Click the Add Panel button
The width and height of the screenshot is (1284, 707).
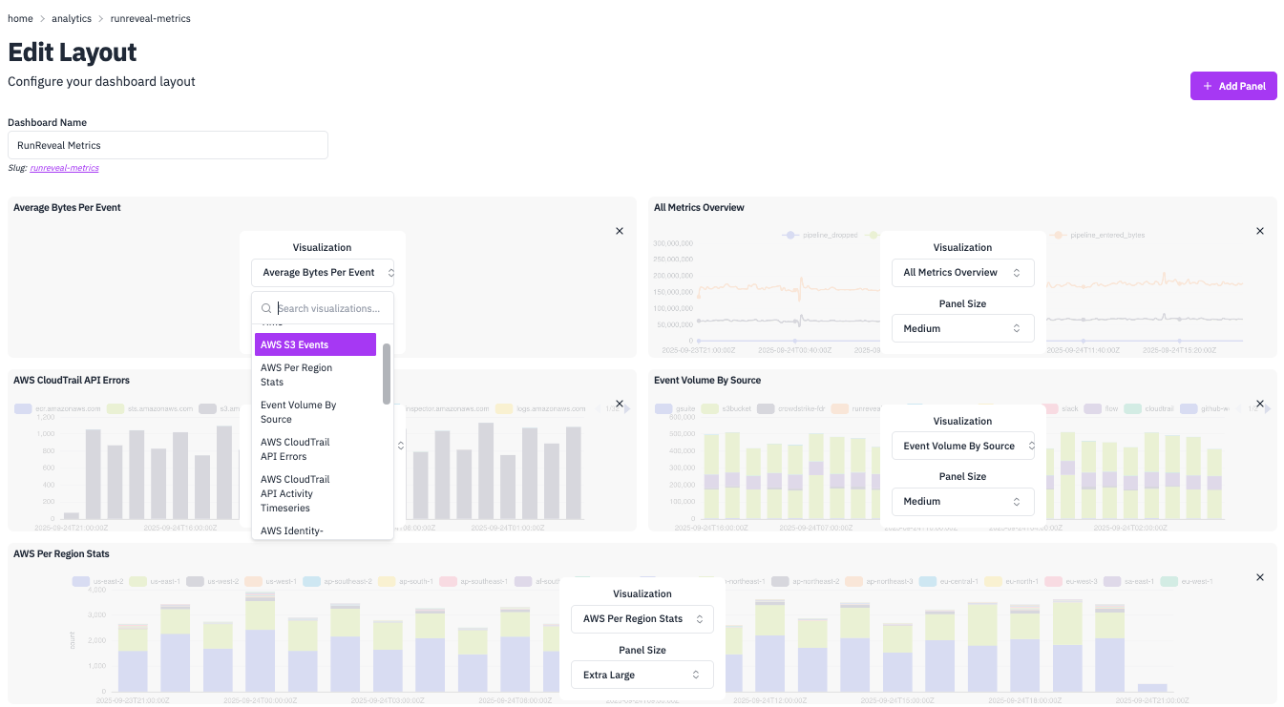coord(1232,86)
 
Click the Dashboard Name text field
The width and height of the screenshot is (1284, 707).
coord(168,145)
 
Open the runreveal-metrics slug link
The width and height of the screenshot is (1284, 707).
coord(64,168)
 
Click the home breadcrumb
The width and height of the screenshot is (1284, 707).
coord(20,18)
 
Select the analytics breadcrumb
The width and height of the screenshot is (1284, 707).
coord(72,18)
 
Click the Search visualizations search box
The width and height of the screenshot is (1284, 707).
coord(330,308)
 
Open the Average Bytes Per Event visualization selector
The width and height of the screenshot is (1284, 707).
coord(323,273)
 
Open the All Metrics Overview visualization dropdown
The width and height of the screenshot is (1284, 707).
coord(962,273)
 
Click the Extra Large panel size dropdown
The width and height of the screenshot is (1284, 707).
coord(642,675)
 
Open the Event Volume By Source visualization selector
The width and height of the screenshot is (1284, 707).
coord(962,446)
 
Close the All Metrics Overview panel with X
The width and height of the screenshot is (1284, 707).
coord(1259,231)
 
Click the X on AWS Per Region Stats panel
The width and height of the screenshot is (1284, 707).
coord(1259,577)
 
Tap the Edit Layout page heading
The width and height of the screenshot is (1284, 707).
coord(73,52)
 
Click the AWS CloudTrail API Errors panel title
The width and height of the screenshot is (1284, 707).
coord(72,380)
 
